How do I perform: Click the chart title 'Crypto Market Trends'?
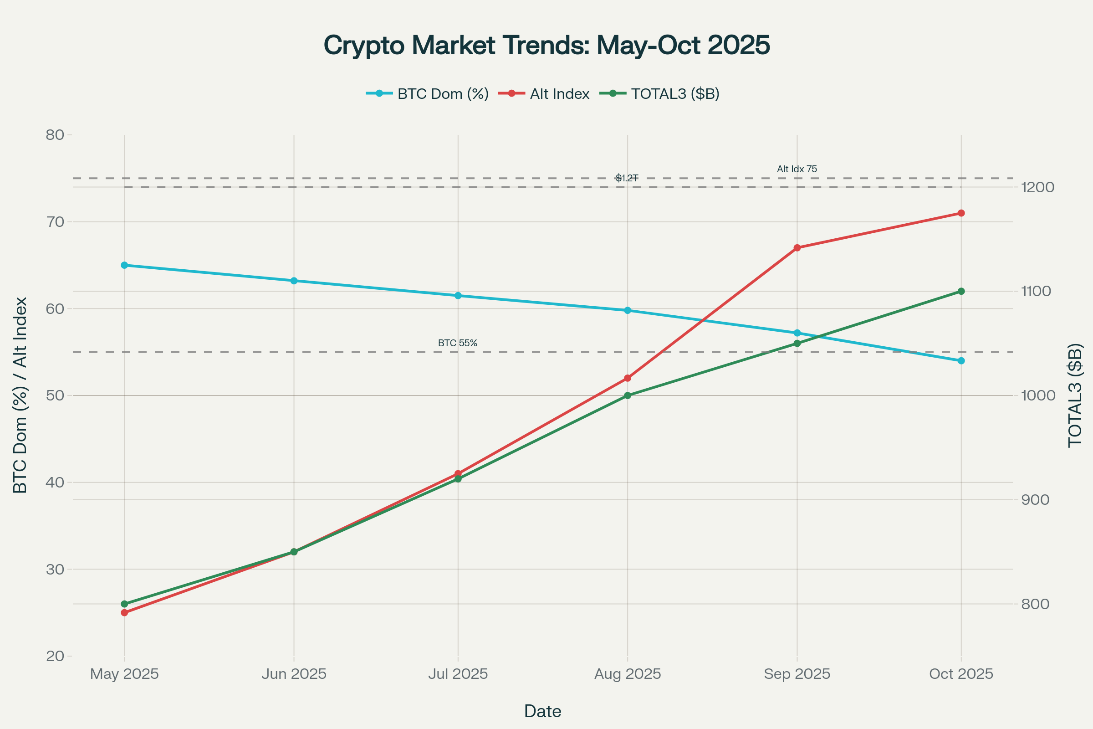(x=546, y=46)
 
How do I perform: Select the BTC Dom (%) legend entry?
(x=442, y=94)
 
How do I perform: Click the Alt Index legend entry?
(x=559, y=94)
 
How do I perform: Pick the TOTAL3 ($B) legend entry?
(x=675, y=94)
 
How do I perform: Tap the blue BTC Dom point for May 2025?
(x=124, y=265)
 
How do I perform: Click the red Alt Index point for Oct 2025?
(x=961, y=213)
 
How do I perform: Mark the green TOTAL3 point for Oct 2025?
(x=961, y=292)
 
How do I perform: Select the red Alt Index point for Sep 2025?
(x=797, y=248)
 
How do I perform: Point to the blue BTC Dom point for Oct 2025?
(x=961, y=361)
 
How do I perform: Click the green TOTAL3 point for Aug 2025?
(x=628, y=395)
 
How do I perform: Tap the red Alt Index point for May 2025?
(x=124, y=613)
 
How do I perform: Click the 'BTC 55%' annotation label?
(x=457, y=343)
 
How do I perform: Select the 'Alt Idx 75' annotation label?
(x=797, y=169)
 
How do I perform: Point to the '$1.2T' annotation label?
(x=627, y=178)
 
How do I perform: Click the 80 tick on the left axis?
(x=55, y=135)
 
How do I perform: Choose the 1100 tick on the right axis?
(x=1035, y=292)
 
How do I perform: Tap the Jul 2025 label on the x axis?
(x=458, y=674)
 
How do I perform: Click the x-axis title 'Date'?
(x=542, y=711)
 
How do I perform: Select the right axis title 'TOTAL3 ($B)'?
(x=1075, y=395)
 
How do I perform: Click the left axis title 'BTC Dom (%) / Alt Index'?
(x=20, y=395)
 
